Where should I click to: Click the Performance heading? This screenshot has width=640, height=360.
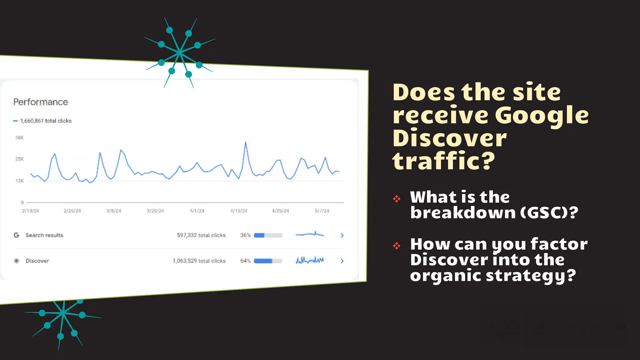click(41, 102)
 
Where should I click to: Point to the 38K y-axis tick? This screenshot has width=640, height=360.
click(19, 137)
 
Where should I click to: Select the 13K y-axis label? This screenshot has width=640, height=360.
click(19, 181)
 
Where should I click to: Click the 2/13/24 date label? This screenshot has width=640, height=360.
click(31, 211)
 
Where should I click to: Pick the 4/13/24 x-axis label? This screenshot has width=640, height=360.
click(239, 211)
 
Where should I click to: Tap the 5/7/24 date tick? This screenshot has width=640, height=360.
click(322, 211)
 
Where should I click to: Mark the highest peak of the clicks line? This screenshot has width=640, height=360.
click(246, 142)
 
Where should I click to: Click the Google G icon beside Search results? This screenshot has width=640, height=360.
click(17, 235)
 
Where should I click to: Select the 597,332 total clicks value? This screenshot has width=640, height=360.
click(201, 235)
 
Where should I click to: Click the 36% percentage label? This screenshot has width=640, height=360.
click(245, 235)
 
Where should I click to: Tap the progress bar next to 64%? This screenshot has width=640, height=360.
click(268, 261)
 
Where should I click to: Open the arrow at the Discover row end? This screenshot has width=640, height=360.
click(342, 261)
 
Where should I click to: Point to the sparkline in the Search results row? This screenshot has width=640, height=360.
click(309, 234)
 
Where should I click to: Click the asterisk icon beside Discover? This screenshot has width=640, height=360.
click(17, 261)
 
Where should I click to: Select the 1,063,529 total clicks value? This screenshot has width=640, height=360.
click(199, 261)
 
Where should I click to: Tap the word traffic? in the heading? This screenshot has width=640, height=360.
click(444, 161)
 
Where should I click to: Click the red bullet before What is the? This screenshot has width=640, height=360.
click(397, 198)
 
